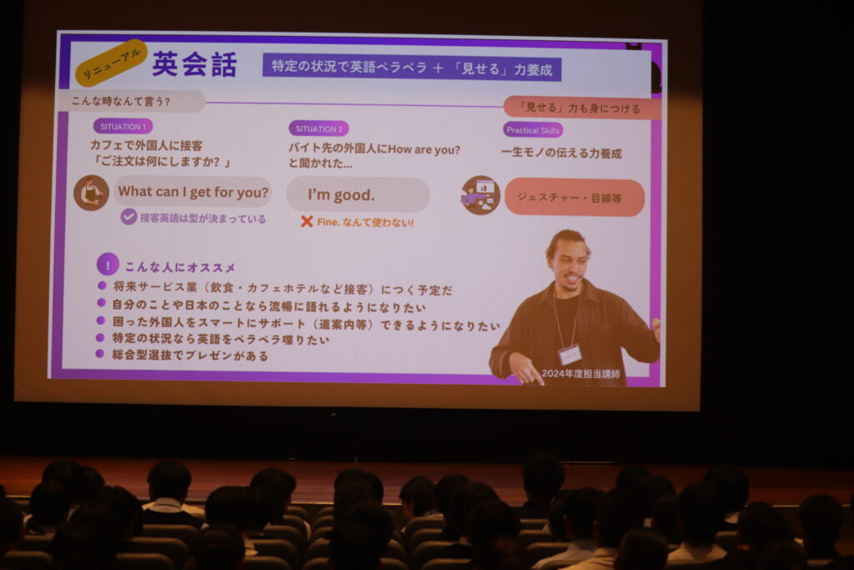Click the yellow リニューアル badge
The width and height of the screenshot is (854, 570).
pos(112,62)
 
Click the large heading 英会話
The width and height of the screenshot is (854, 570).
pos(194,65)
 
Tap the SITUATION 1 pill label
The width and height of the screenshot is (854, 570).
pos(123,126)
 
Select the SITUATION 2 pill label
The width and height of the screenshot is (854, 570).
pos(319,129)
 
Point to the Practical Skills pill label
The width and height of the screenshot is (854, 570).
pos(533,130)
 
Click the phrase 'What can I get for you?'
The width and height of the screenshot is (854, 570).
pos(193,192)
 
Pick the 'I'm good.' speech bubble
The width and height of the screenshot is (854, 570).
pos(358,194)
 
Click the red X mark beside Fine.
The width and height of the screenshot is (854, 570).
pos(307,221)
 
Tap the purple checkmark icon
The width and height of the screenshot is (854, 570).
pos(128,217)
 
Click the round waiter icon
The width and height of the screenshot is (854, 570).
pos(91,193)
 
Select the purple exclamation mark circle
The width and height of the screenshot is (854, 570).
pos(108,265)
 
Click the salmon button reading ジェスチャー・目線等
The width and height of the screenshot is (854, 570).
pos(575,198)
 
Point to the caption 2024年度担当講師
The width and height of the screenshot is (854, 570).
pos(580,374)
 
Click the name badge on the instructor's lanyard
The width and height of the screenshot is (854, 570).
pos(570,354)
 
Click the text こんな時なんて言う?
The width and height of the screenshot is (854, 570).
pos(121,101)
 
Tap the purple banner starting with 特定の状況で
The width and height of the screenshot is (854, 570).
pos(412,68)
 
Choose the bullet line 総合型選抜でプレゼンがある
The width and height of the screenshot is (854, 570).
pos(190,356)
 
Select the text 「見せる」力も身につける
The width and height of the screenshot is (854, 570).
pos(580,108)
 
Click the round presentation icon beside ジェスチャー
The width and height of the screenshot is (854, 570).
pos(480,195)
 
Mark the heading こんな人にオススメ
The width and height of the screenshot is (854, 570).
pos(180,267)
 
